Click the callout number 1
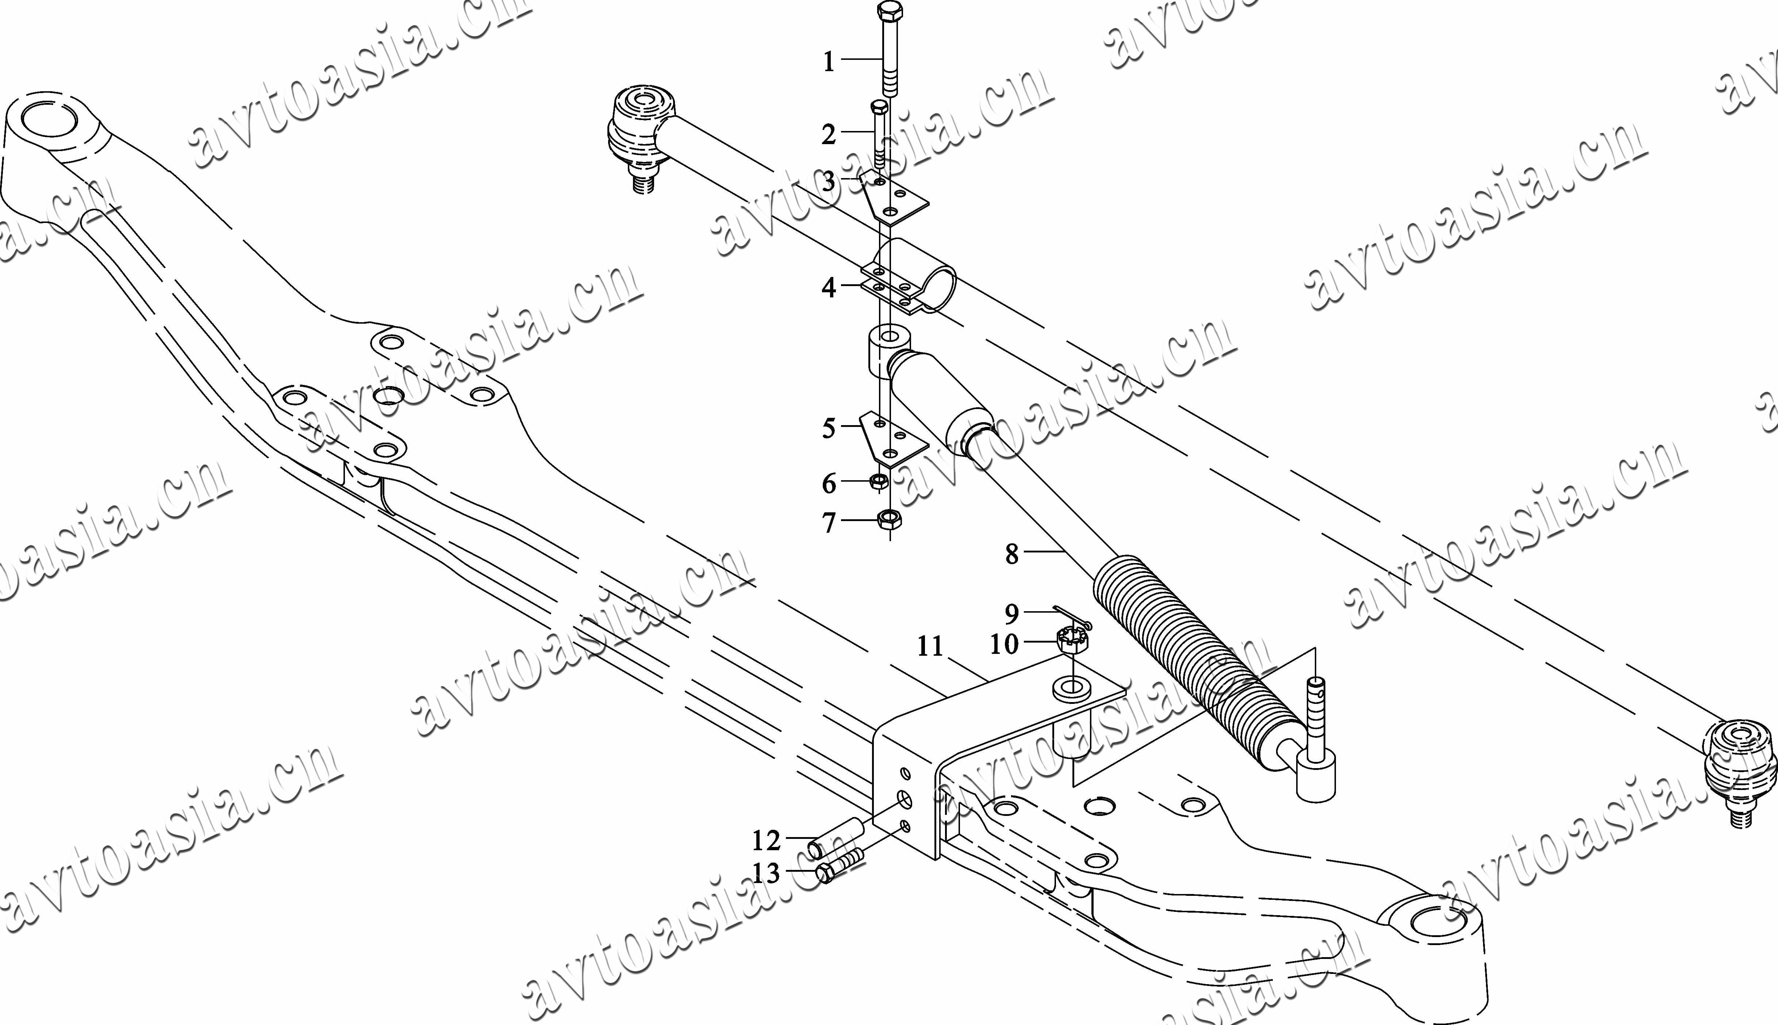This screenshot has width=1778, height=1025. pyautogui.click(x=829, y=62)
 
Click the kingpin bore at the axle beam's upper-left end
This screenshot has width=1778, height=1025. pyautogui.click(x=51, y=120)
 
